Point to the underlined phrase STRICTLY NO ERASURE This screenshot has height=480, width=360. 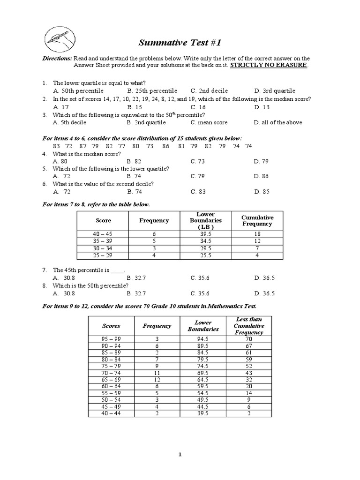tap(269, 65)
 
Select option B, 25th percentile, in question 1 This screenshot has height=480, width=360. tap(152, 90)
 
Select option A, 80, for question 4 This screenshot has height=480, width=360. tap(60, 161)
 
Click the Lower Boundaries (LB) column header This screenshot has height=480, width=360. tap(206, 220)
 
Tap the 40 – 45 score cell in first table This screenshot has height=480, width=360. tap(104, 234)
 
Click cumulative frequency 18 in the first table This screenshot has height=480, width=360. tap(257, 234)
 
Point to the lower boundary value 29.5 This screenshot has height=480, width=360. tap(206, 248)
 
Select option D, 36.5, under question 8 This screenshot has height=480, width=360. tap(265, 293)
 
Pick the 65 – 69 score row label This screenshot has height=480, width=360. tap(111, 380)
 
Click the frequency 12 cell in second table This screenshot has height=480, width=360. tap(157, 380)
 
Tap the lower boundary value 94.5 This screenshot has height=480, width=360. tap(206, 338)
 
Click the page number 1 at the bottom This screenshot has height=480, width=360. tap(180, 454)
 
